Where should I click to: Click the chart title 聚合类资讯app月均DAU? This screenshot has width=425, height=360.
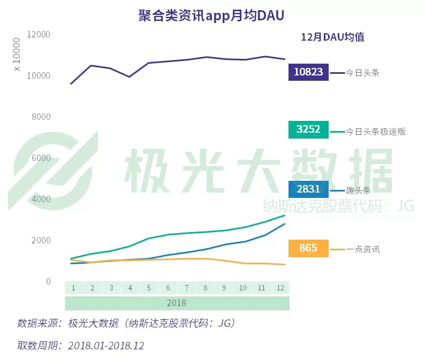(x=211, y=16)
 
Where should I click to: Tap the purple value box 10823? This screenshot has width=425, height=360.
(x=308, y=72)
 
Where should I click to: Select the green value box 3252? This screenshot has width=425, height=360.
(x=308, y=129)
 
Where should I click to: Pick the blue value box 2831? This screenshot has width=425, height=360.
(x=308, y=189)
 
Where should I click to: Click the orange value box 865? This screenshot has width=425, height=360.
(x=308, y=248)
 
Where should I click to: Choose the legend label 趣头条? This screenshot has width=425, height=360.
(x=358, y=190)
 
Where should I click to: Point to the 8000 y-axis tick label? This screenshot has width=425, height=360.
(x=40, y=117)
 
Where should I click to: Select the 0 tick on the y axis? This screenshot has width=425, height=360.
(x=48, y=281)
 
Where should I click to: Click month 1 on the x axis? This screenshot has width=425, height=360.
(x=73, y=288)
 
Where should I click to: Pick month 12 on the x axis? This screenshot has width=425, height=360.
(x=280, y=288)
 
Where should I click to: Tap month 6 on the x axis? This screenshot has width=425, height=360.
(x=168, y=288)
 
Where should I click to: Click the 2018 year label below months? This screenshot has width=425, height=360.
(x=177, y=303)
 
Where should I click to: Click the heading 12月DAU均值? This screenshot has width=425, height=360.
(x=332, y=37)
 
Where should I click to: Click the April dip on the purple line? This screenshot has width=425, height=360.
(x=129, y=76)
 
